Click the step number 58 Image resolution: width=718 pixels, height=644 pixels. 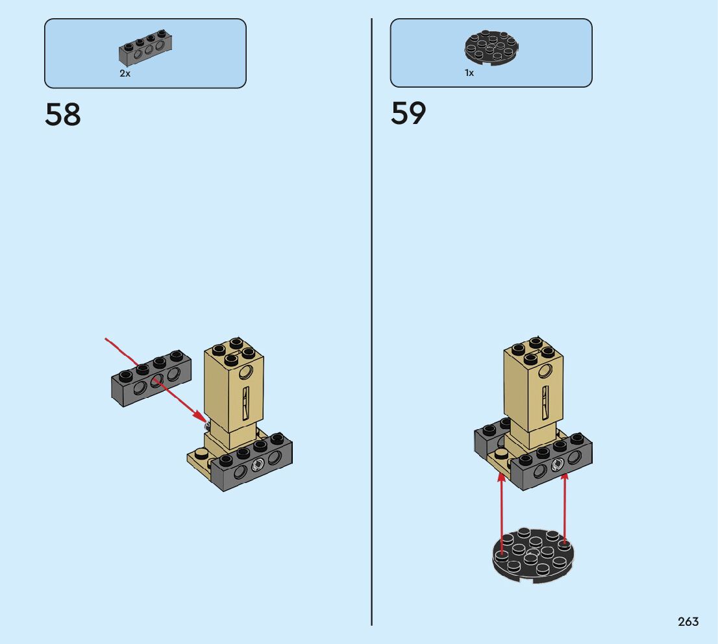click(x=63, y=114)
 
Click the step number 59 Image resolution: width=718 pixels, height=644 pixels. click(x=408, y=113)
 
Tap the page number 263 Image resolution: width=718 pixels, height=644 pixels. click(x=688, y=621)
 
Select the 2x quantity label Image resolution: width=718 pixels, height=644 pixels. click(x=125, y=73)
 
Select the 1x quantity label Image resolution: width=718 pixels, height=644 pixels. click(x=469, y=73)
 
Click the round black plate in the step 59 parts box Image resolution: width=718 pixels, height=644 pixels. click(x=491, y=47)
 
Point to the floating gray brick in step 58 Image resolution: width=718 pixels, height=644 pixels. click(x=149, y=378)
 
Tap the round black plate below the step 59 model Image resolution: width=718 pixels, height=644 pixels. click(x=533, y=554)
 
